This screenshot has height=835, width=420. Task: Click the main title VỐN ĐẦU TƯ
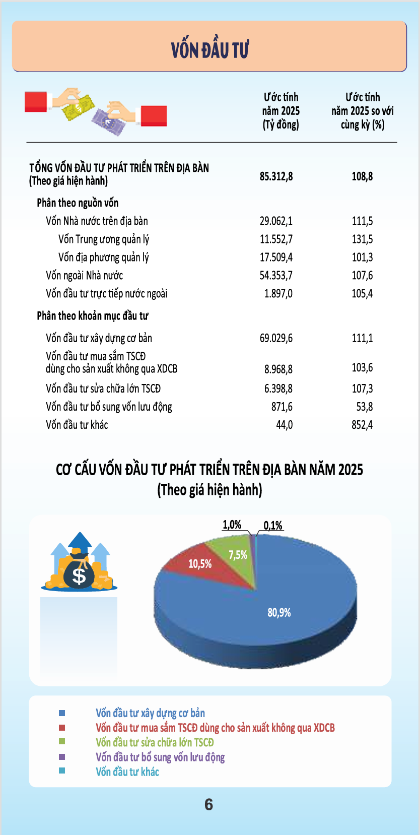pos(210,49)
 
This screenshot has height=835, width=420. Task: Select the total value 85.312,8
pos(276,176)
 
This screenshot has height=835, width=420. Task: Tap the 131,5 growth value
pos(362,239)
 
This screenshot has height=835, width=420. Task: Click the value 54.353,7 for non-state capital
pos(276,276)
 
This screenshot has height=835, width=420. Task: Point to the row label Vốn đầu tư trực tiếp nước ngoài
pos(107,294)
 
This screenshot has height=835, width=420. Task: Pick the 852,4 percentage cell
pos(362,425)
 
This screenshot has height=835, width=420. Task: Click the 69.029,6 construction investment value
pos(276,338)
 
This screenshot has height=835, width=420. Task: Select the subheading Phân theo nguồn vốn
pos(78,203)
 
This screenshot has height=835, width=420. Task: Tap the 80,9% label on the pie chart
pos(279,612)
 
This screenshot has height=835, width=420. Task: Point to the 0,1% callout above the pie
pos(273,525)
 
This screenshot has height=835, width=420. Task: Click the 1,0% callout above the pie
pos(232,525)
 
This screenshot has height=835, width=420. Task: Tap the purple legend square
pos(62,757)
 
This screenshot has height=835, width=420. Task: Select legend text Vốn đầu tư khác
pos(127,772)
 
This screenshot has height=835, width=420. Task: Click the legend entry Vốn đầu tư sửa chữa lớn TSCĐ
pos(155,742)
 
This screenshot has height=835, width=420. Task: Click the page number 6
pos(208,804)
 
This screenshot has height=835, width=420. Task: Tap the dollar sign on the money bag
pos(79,575)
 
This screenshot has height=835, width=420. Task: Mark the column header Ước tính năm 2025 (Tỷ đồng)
pos(281,111)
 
